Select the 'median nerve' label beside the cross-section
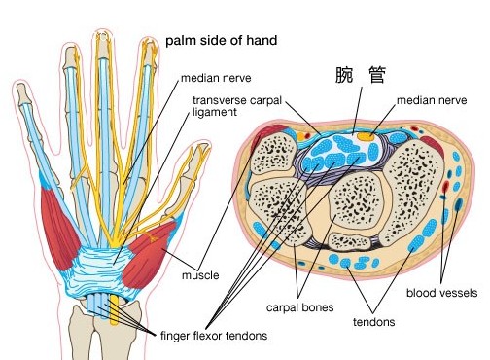[431, 99]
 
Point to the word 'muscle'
[199, 275]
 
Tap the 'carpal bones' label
[300, 307]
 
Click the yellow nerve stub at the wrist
[116, 309]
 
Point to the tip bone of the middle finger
[103, 44]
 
